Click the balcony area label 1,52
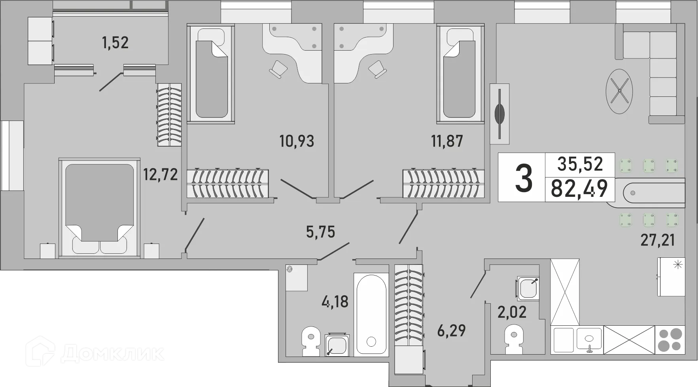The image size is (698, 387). click(x=115, y=43)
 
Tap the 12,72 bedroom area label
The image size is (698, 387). click(x=161, y=174)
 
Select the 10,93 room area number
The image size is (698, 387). click(x=297, y=141)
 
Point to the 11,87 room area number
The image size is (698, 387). click(x=447, y=141)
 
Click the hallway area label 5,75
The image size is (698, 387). click(x=321, y=232)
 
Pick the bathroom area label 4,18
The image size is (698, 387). click(x=335, y=302)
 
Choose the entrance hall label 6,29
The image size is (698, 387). click(x=452, y=330)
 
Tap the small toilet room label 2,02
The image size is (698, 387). click(x=512, y=312)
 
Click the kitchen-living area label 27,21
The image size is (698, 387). click(x=658, y=240)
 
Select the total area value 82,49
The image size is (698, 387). click(x=579, y=189)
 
